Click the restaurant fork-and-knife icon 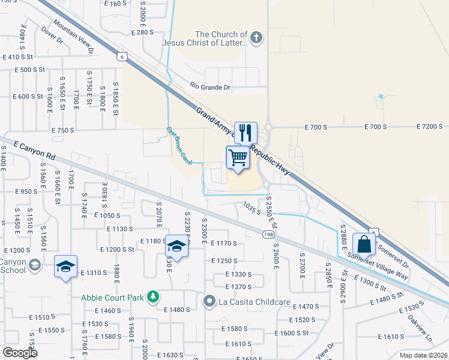245,132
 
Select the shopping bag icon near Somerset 364,244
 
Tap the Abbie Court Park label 114,297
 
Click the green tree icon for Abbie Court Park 154,297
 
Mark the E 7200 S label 430,127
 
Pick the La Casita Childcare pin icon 209,301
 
